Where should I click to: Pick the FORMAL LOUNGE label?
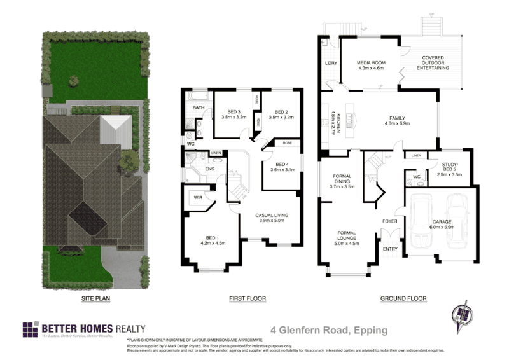coord(347,237)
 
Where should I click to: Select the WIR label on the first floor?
coord(198,198)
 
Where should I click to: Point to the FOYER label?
coord(389,221)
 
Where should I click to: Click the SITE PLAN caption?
coord(95,298)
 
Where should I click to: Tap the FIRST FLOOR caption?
coord(247,298)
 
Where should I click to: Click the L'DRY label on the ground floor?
coord(330,64)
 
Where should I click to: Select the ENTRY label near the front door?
coord(389,249)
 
